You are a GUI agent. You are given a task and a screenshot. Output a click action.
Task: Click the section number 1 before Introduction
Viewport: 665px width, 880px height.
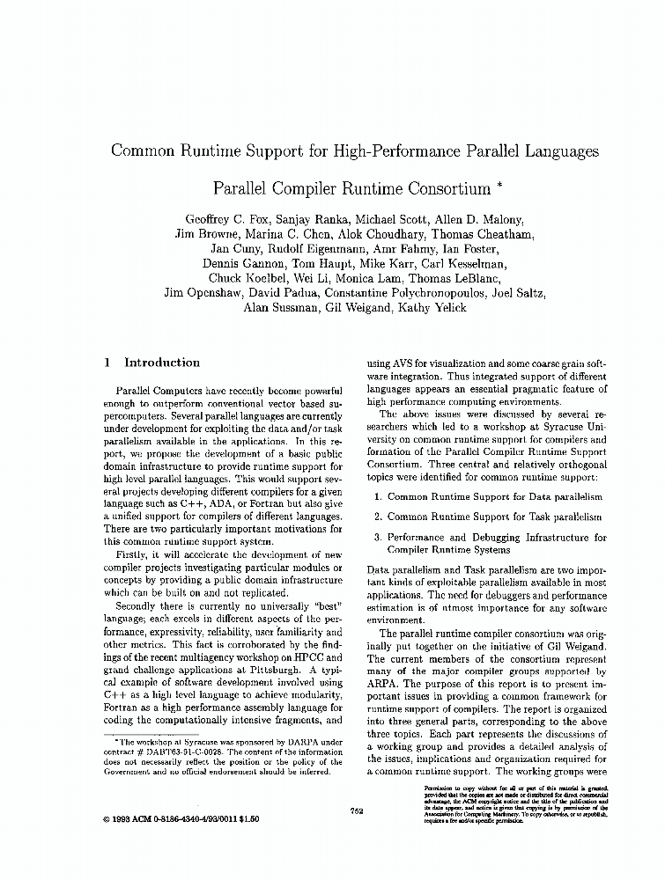[x=107, y=363]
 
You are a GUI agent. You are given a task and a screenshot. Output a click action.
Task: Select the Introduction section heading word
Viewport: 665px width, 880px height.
[x=162, y=363]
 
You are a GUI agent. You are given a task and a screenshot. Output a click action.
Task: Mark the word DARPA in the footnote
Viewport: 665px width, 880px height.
[x=279, y=743]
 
